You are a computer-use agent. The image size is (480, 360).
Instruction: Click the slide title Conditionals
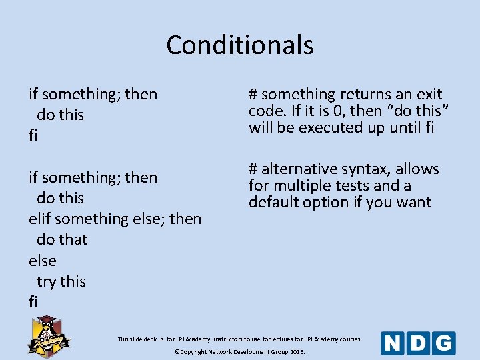coord(239,45)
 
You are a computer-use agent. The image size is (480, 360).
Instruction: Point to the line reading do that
coord(62,239)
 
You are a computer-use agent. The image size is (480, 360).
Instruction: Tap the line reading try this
coord(61,281)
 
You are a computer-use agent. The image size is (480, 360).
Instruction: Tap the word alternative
coord(296,169)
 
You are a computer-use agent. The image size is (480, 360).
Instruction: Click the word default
coord(273,202)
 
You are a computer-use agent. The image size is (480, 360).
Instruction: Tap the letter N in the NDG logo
coord(393,343)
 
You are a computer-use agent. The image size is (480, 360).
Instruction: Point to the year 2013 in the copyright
coord(297,351)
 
